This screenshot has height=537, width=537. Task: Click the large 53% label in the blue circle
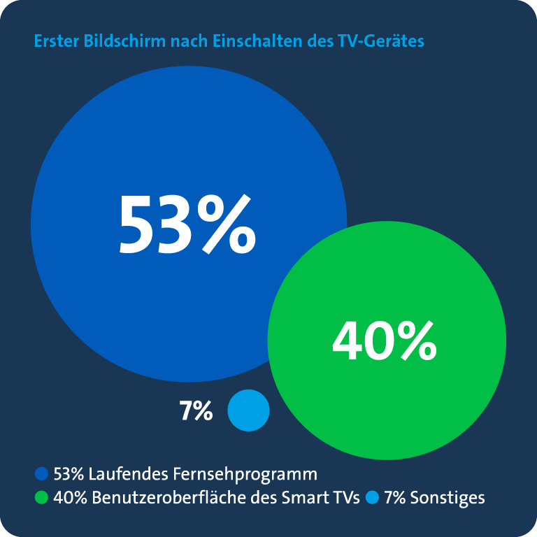point(187,224)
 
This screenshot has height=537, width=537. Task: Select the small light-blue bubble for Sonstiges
point(248,410)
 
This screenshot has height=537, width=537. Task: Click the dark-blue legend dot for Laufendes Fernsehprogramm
point(41,475)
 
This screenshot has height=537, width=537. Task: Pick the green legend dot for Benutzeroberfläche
point(41,498)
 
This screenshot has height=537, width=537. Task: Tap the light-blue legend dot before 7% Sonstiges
point(372,498)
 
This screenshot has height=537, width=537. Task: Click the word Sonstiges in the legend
point(447,498)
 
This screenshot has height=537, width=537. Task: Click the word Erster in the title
point(56,41)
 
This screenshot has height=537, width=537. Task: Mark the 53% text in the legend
point(69,475)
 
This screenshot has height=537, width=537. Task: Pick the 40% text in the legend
point(69,498)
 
